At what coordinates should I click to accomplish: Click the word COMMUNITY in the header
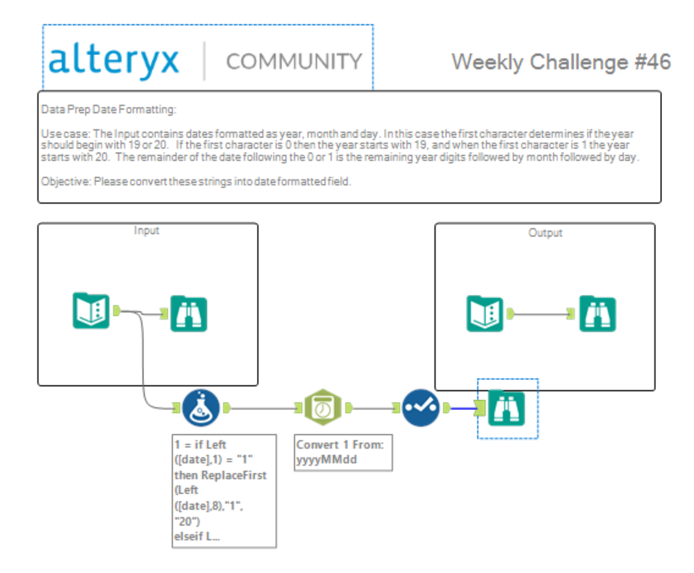pyautogui.click(x=294, y=62)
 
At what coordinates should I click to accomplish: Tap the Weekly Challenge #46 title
pyautogui.click(x=561, y=63)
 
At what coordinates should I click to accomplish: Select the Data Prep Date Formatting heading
pyautogui.click(x=108, y=109)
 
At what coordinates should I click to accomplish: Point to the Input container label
pyautogui.click(x=147, y=231)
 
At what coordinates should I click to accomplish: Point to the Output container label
pyautogui.click(x=545, y=233)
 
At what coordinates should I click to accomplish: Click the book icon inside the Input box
pyautogui.click(x=91, y=310)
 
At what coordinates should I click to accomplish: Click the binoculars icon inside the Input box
pyautogui.click(x=189, y=313)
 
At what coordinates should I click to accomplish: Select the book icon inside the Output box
pyautogui.click(x=485, y=313)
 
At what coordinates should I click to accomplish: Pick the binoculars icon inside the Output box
pyautogui.click(x=597, y=313)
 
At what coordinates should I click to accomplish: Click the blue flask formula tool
pyautogui.click(x=201, y=408)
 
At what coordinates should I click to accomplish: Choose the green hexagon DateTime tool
pyautogui.click(x=323, y=408)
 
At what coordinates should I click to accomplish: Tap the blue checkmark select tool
pyautogui.click(x=421, y=408)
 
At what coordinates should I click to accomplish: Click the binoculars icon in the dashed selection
pyautogui.click(x=506, y=408)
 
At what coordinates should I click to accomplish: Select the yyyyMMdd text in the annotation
pyautogui.click(x=327, y=460)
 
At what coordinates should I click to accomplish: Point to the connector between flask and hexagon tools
pyautogui.click(x=264, y=408)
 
